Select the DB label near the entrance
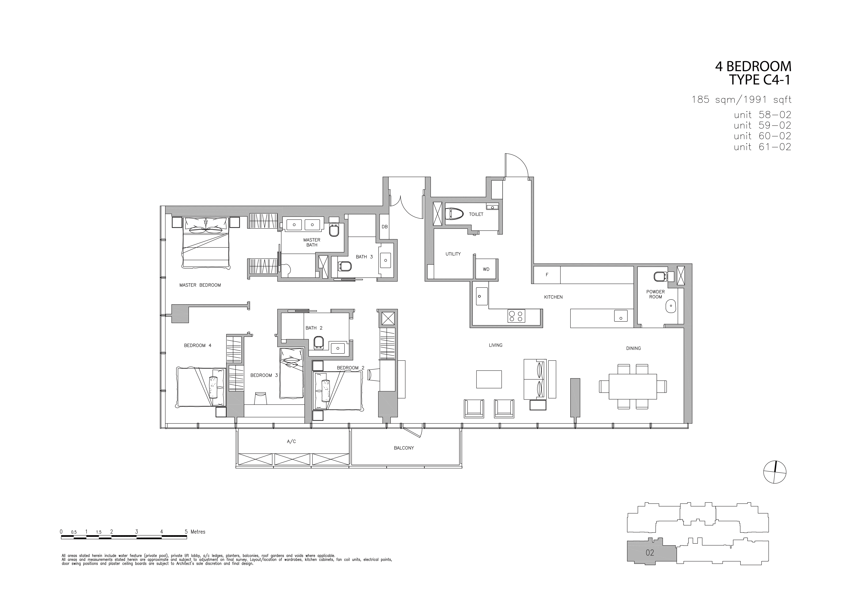[385, 227]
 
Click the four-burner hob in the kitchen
[516, 316]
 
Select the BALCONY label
[404, 448]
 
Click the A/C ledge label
[291, 441]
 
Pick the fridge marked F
[547, 275]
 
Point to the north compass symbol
[775, 472]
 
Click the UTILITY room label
[453, 254]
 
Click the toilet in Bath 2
[319, 342]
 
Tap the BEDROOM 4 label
[198, 345]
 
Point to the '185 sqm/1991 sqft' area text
[741, 100]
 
